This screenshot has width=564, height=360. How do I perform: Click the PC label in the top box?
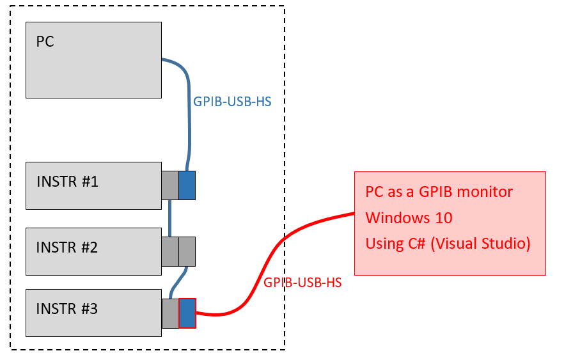45,42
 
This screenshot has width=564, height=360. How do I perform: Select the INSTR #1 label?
67,182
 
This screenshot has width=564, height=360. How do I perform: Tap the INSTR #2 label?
67,247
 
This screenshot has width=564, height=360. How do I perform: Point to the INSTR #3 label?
67,309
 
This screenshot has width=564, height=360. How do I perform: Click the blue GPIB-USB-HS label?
232,102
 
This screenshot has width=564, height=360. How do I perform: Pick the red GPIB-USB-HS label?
302,282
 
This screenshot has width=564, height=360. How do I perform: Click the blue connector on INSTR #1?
187,185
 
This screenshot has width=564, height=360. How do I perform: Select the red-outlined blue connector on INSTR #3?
187,313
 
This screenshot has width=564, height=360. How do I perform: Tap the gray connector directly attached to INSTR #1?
169,185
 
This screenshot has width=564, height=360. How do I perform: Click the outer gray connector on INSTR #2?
187,251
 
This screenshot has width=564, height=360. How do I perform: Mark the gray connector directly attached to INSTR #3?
170,313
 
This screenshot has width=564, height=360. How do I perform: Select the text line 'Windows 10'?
409,218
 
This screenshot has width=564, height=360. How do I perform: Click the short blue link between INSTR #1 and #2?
170,218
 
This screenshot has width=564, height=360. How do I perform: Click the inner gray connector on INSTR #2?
169,251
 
